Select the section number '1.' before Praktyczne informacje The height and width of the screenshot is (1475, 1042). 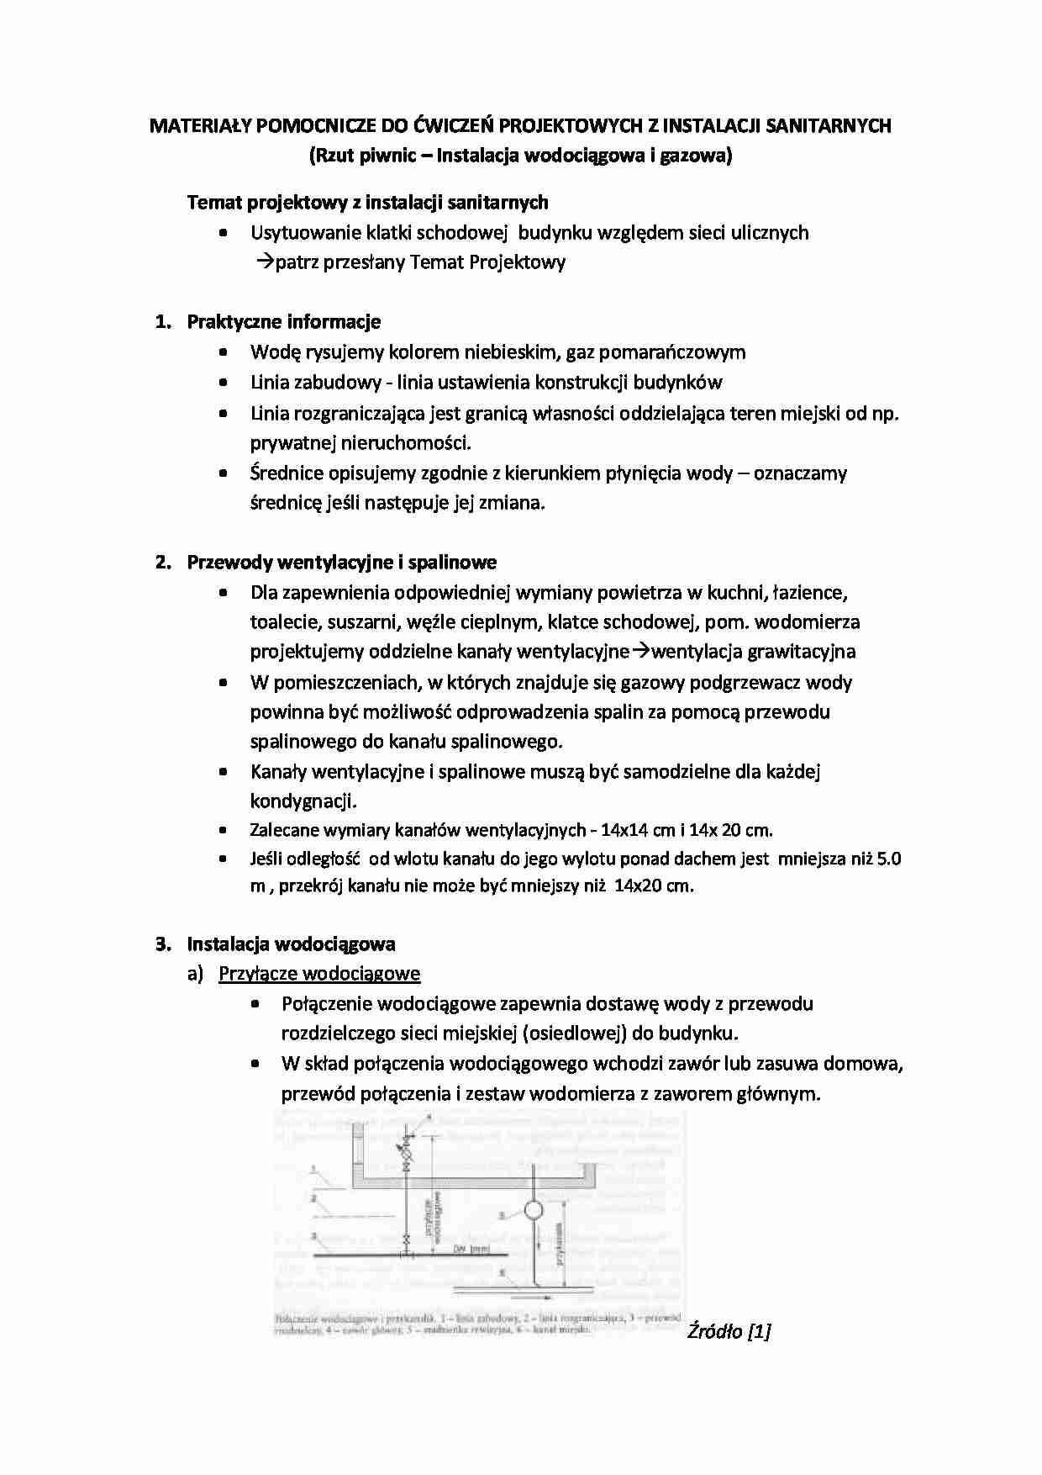163,322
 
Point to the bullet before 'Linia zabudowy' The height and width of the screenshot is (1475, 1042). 223,383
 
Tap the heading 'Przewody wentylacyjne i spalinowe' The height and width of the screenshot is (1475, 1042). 341,563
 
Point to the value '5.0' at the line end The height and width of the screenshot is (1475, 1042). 888,859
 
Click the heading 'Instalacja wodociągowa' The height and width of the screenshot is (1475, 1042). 291,944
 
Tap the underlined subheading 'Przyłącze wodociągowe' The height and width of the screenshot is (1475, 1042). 319,974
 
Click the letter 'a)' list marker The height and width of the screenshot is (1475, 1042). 195,974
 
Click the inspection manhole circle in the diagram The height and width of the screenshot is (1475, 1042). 533,1211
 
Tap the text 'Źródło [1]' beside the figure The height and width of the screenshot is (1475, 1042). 729,1330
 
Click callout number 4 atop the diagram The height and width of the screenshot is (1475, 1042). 429,1118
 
